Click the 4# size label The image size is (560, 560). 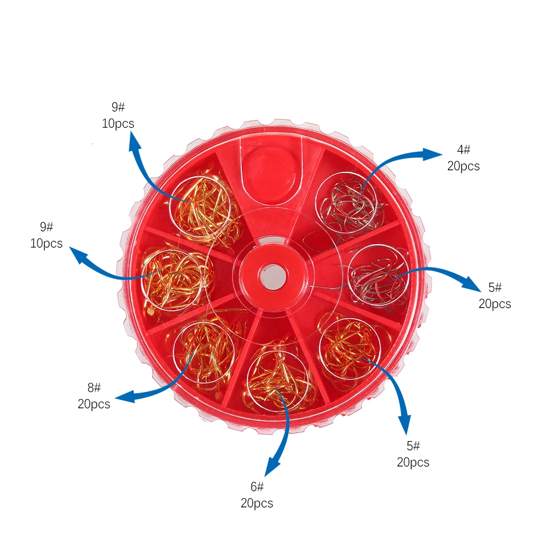464,150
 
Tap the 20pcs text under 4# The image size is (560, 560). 464,166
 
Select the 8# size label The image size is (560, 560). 94,387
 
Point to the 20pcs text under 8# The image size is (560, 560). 94,404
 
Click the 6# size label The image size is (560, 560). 257,487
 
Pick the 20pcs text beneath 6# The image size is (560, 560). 257,503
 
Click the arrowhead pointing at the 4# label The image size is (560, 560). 432,155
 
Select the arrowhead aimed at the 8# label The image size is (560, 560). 125,397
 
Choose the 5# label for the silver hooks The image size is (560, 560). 495,287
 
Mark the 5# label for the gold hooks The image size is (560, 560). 413,445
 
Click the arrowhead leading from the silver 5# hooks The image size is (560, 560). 472,282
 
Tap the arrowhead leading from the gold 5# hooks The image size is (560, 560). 405,423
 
